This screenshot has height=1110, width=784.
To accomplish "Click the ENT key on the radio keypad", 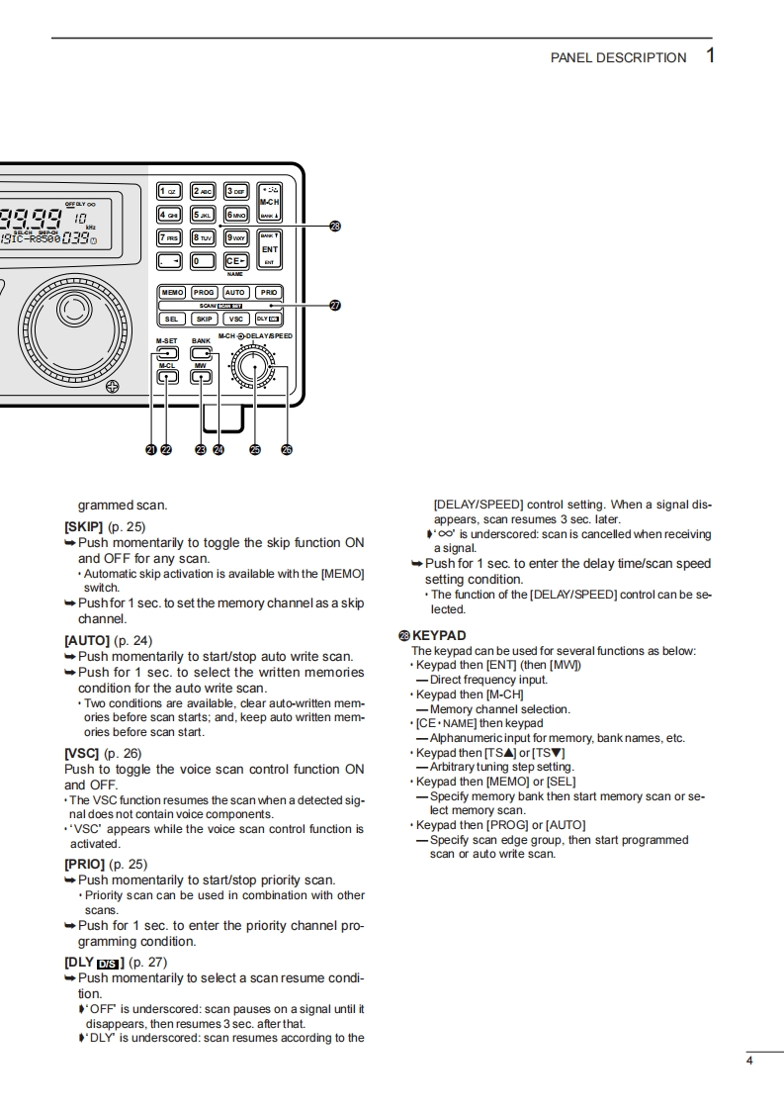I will click(269, 249).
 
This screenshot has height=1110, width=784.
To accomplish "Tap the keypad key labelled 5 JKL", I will click(203, 214).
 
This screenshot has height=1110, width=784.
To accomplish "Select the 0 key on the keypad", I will click(203, 261).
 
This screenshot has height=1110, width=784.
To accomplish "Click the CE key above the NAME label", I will click(235, 261).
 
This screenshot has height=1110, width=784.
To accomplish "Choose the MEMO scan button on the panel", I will click(172, 293).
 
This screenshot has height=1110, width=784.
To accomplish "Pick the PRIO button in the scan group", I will click(269, 293).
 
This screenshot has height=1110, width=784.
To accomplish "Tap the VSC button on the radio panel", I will click(236, 320).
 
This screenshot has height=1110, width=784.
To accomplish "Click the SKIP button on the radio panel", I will click(204, 320).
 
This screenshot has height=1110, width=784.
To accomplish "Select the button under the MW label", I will click(201, 377).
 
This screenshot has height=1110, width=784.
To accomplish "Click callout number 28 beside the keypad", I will click(335, 227).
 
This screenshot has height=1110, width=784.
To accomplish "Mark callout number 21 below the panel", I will click(151, 449).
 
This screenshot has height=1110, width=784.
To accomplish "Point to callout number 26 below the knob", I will click(287, 449).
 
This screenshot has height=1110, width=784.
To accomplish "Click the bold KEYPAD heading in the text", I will click(439, 635).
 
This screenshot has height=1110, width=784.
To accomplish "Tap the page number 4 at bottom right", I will click(749, 1062).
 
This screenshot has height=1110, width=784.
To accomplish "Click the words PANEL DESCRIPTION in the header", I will click(618, 57).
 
